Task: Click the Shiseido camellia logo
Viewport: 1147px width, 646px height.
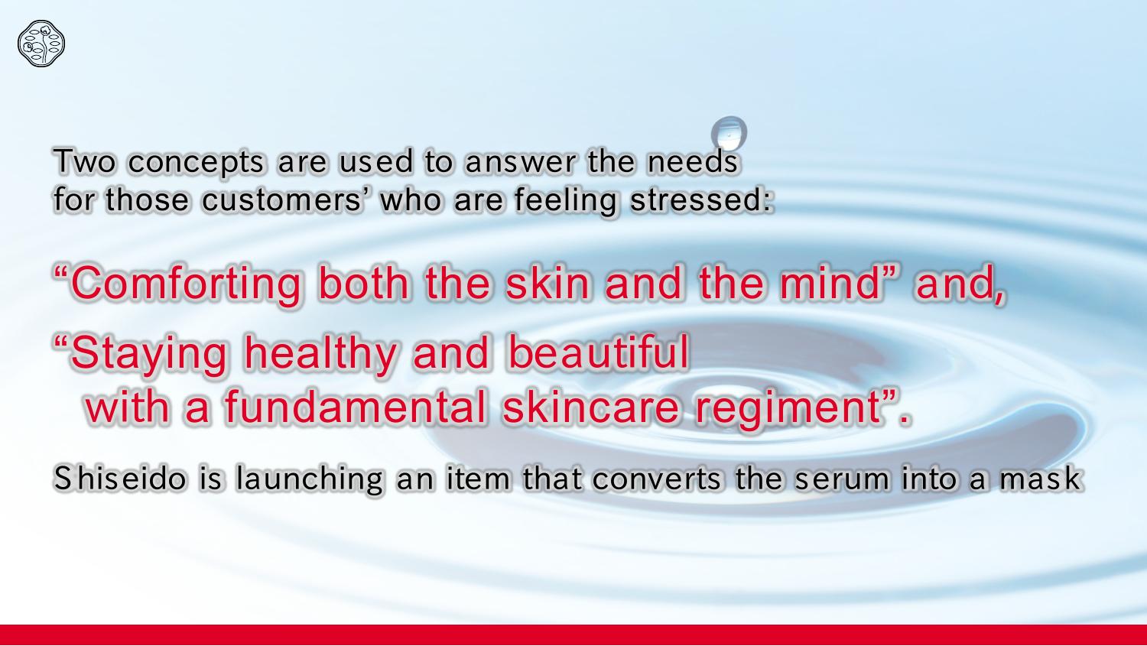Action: tap(41, 44)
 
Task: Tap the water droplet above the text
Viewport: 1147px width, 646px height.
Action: tap(729, 133)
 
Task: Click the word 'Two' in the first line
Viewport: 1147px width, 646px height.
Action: tap(85, 161)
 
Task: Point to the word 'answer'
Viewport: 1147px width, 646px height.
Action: tap(520, 162)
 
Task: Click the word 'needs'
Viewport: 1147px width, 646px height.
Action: tap(692, 161)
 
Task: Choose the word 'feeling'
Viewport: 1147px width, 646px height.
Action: tap(565, 200)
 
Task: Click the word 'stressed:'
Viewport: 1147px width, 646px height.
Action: tap(701, 199)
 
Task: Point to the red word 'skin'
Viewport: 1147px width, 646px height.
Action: tap(547, 283)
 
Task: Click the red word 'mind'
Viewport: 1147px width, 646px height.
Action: tap(830, 283)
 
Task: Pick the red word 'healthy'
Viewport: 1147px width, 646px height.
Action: tap(320, 354)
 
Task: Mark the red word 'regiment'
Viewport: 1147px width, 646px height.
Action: tap(788, 409)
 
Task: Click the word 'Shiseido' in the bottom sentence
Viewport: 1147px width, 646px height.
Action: tap(120, 479)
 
